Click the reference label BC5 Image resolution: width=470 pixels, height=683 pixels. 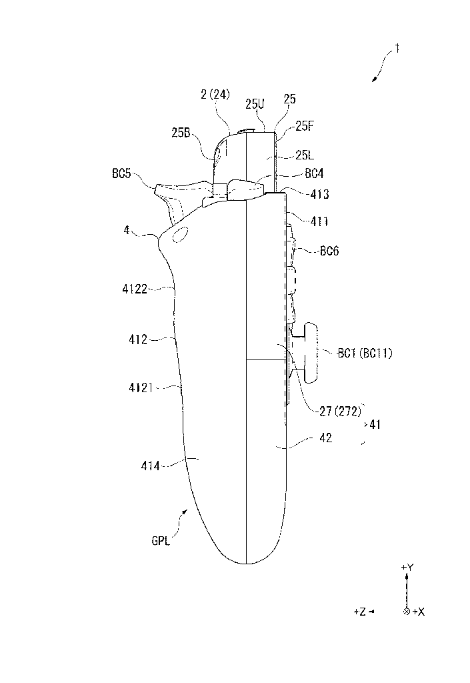tap(121, 173)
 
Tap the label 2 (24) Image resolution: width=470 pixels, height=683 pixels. tap(215, 94)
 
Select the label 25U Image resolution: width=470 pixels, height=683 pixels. tap(255, 104)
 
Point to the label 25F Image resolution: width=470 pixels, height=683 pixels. tap(305, 126)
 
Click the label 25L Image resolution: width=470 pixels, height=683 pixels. tap(305, 155)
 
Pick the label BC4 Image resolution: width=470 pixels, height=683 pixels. tap(314, 174)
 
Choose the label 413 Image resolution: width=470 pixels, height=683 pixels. tap(319, 194)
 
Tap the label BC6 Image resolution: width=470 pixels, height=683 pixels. tap(329, 251)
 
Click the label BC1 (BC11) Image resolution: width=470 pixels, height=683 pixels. tap(365, 353)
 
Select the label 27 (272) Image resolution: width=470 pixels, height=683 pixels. tap(340, 411)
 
